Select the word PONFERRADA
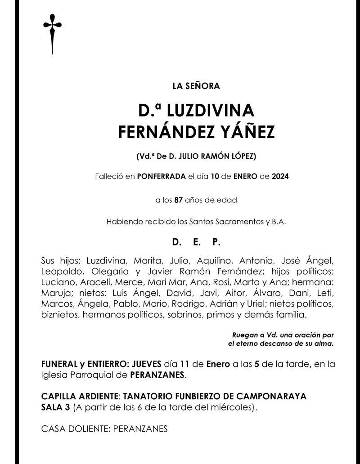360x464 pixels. tap(162, 177)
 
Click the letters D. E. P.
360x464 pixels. tap(197, 242)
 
